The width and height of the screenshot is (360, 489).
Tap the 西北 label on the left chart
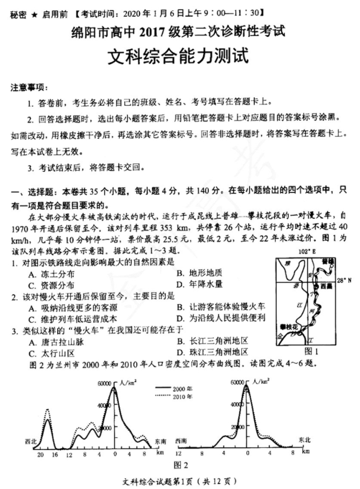coord(31,441)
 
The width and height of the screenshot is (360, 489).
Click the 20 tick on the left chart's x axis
coord(40,455)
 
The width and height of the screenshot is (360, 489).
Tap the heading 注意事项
coord(29,88)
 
